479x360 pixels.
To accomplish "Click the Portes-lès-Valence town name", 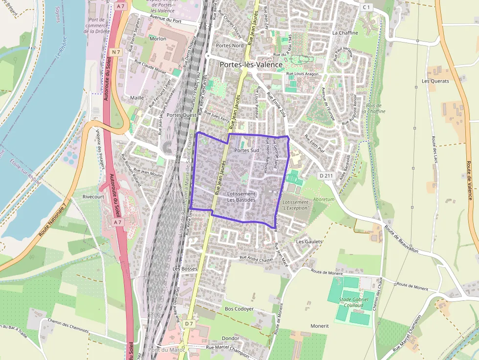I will coord(251,64).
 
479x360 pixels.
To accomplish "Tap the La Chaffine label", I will coord(345,33).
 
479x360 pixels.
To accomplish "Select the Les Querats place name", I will coord(435,81).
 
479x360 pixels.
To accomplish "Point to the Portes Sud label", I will coord(246,150).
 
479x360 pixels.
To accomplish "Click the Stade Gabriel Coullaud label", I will coord(352,302).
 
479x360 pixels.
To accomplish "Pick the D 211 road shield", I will coord(326,175).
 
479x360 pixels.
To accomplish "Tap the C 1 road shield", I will coord(367,7).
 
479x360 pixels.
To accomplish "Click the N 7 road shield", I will coord(116,52).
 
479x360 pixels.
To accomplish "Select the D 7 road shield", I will coord(189,323).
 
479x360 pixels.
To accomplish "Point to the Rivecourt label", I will coord(93,197).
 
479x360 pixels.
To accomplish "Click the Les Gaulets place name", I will coord(309,241).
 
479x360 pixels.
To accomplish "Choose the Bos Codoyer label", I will coord(239,309).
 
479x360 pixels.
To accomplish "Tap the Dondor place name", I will coord(231,338).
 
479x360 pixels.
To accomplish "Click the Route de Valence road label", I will coord(470,180).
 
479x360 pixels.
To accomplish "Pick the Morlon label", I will coord(158,39).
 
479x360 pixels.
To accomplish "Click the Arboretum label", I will coord(324,199).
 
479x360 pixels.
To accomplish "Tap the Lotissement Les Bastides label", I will coord(241,197).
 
